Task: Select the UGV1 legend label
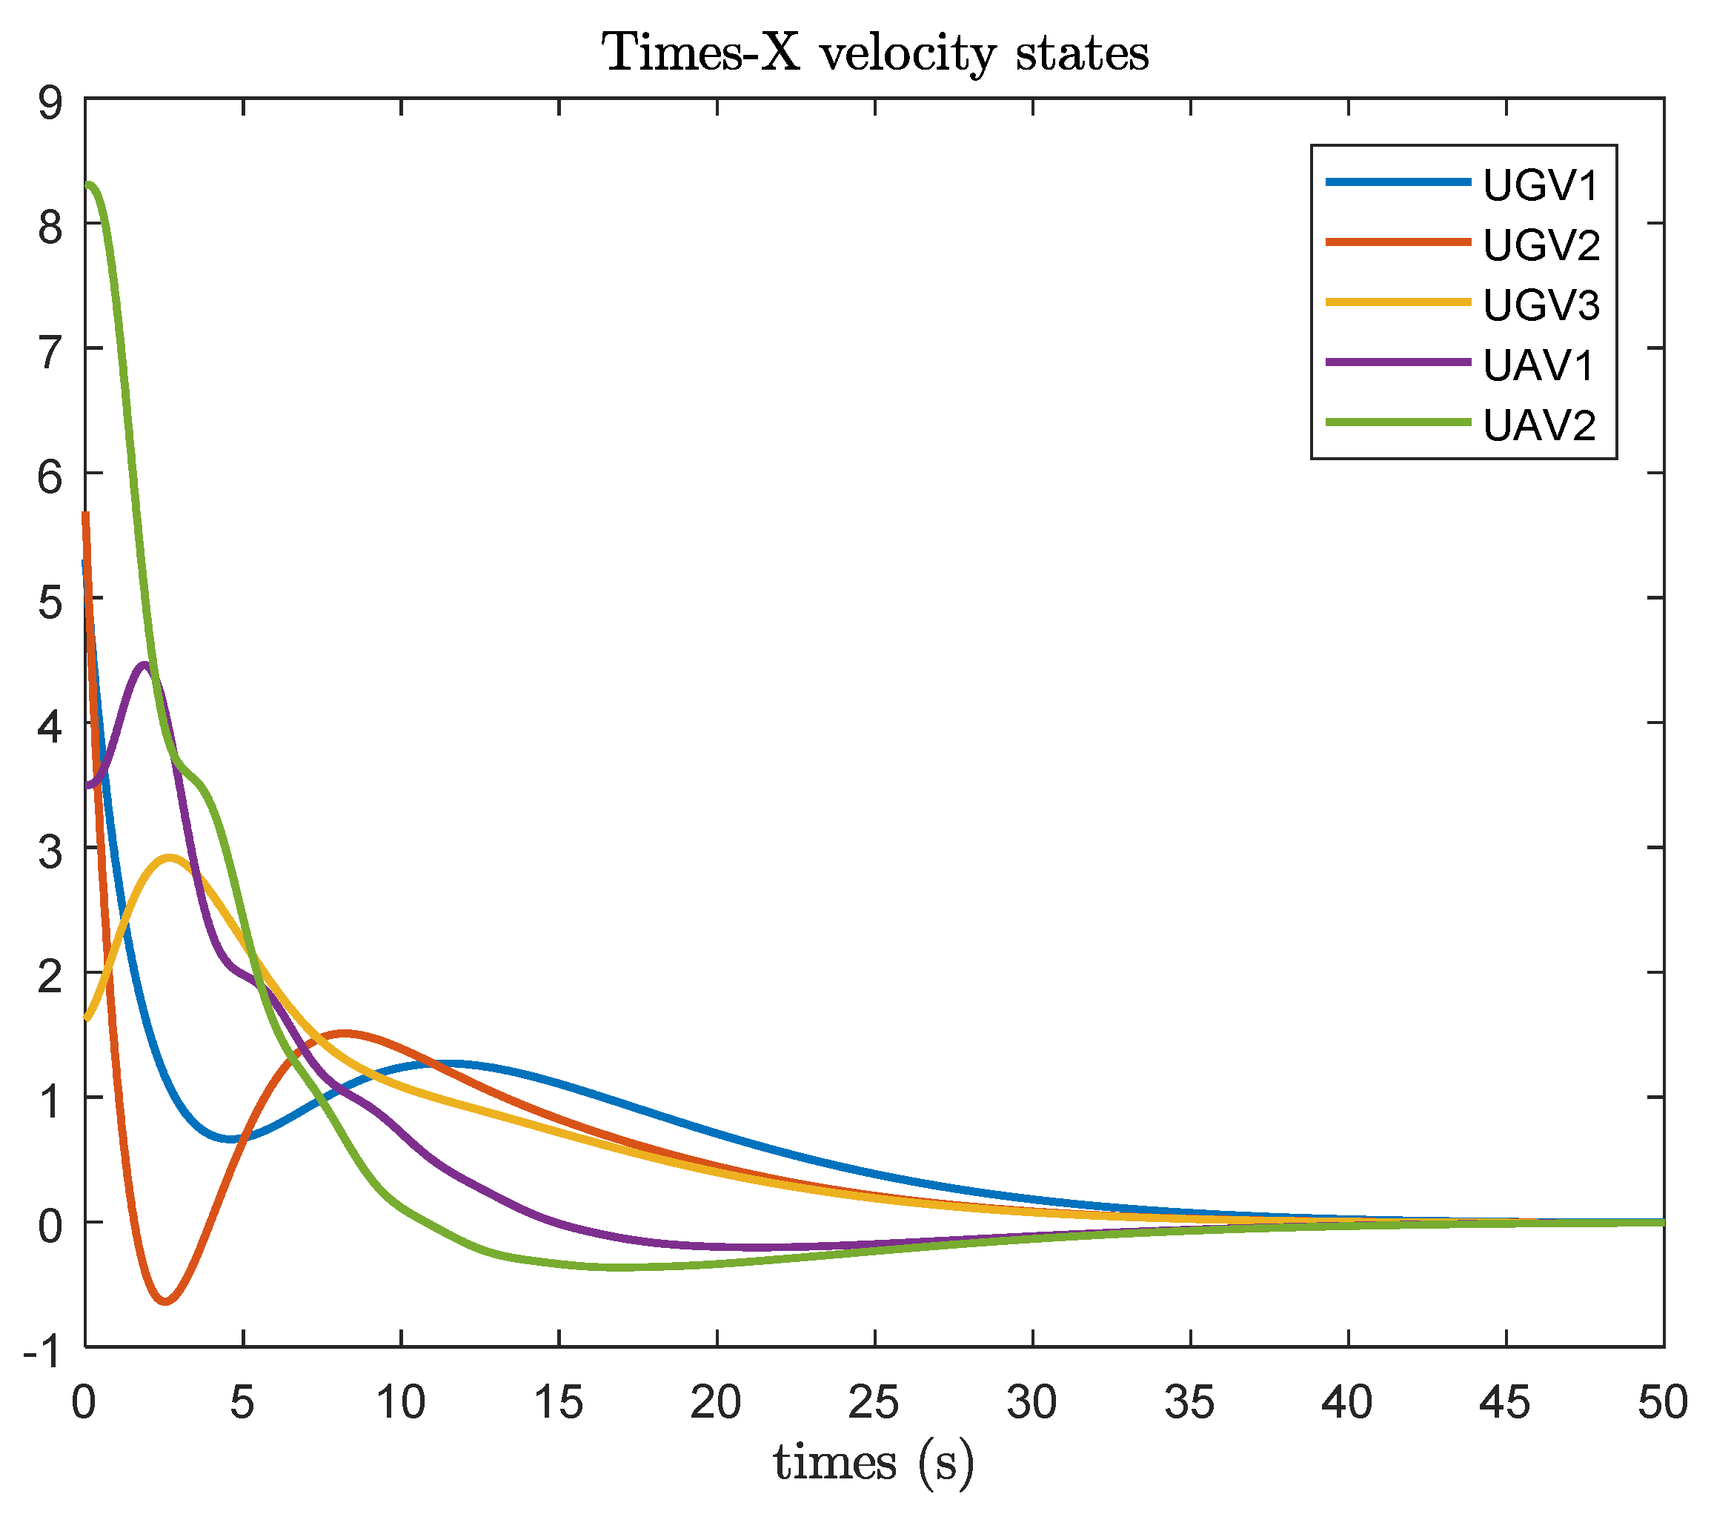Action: pyautogui.click(x=1541, y=185)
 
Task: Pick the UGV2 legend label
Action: pyautogui.click(x=1541, y=245)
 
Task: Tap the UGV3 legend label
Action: pyautogui.click(x=1541, y=305)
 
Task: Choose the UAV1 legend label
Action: pyautogui.click(x=1538, y=366)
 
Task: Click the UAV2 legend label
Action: pyautogui.click(x=1539, y=426)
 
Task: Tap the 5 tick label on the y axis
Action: pyautogui.click(x=50, y=601)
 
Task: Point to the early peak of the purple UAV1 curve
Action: pyautogui.click(x=144, y=665)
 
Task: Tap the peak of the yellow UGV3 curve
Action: pyautogui.click(x=170, y=857)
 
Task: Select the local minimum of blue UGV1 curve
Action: pyautogui.click(x=230, y=1139)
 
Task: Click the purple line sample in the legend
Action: pyautogui.click(x=1398, y=362)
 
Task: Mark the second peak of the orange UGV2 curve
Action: pyautogui.click(x=344, y=1033)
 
